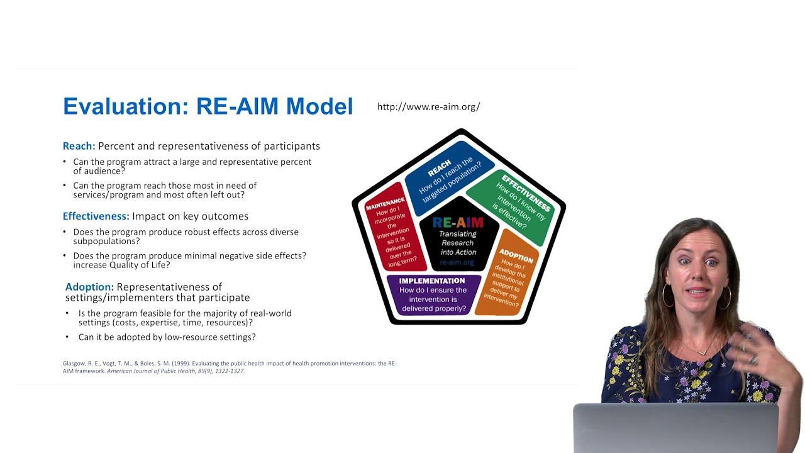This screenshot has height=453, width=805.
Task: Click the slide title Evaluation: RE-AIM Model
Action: pos(208,106)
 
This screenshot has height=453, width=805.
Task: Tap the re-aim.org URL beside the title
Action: pos(428,106)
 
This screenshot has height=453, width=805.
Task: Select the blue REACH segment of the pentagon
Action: pos(448,172)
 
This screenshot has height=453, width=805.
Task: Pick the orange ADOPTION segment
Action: pos(508,277)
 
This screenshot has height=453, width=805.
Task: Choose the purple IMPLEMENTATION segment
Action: pos(433,294)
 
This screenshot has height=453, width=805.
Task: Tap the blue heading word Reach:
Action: pos(79,146)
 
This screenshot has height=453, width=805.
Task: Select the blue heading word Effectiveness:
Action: pos(96,216)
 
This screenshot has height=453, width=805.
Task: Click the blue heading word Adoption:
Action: pos(89,287)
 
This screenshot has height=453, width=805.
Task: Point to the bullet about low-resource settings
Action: pos(167,337)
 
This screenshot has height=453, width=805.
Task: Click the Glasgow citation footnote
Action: pos(229,367)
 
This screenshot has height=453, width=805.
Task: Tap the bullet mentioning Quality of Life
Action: pos(189,260)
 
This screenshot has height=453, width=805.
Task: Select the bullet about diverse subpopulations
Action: pos(186,236)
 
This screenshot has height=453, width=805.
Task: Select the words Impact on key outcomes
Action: pos(190,216)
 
